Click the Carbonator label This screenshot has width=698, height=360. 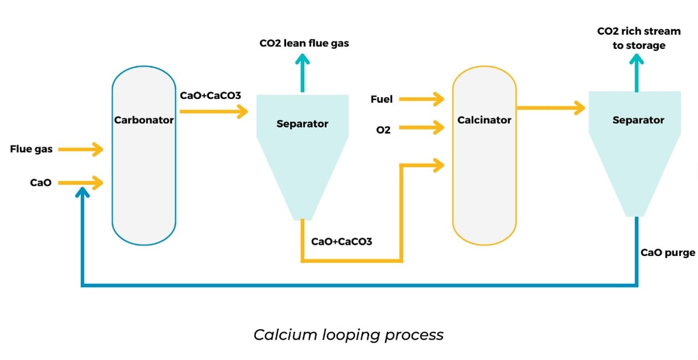click(144, 120)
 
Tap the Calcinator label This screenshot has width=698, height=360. click(484, 120)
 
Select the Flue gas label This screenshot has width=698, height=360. click(31, 149)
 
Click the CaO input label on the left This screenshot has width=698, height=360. click(41, 183)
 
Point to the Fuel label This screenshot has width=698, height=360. click(382, 99)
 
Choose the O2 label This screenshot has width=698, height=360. click(383, 130)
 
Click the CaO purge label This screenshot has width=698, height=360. click(668, 252)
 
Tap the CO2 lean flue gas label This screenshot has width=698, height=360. click(304, 43)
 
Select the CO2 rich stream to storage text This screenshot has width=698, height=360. click(639, 38)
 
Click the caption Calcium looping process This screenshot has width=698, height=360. click(348, 335)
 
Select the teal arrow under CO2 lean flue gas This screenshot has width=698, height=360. click(302, 73)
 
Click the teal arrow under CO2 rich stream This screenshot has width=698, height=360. click(636, 73)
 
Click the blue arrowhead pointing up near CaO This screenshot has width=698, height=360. click(83, 192)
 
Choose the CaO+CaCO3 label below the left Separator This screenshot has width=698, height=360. click(342, 241)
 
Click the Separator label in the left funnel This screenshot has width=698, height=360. click(302, 124)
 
